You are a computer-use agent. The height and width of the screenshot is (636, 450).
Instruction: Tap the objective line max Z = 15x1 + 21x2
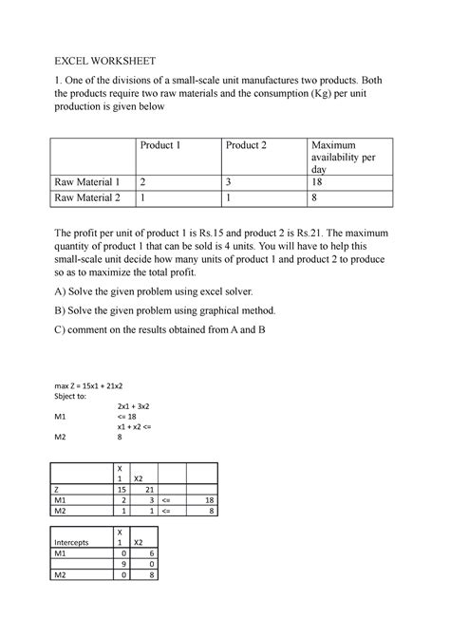(x=99, y=387)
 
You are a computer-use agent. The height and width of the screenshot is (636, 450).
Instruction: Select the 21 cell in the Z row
(x=139, y=489)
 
